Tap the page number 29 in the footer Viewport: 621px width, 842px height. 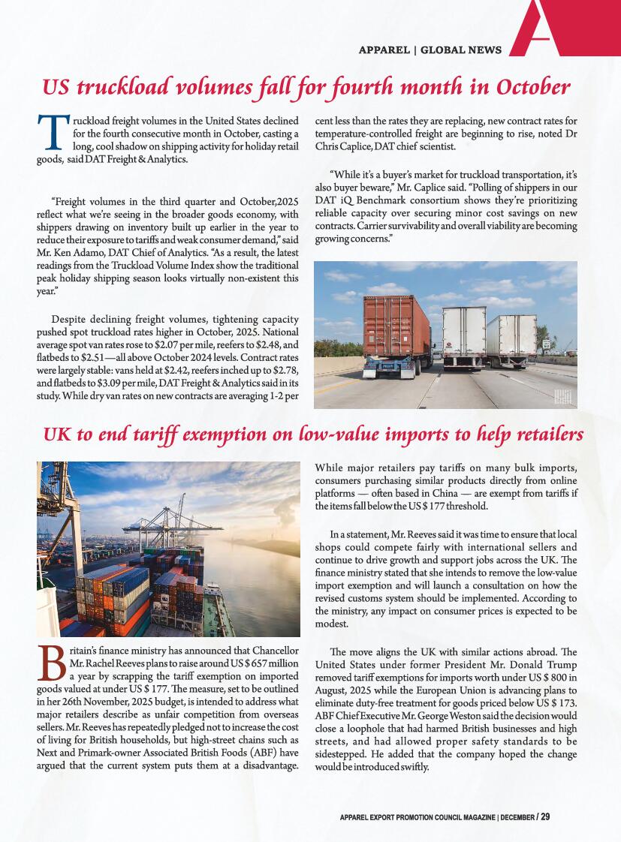point(545,816)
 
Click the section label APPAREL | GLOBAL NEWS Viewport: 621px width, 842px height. point(430,50)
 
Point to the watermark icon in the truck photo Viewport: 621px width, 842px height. point(563,397)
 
